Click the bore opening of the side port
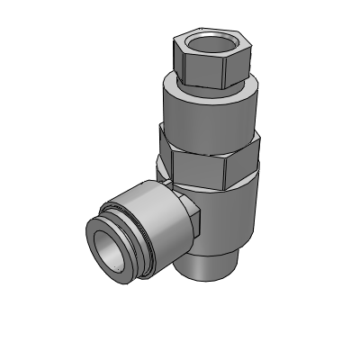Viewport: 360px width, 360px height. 111,249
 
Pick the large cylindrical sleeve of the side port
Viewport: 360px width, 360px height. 153,216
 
